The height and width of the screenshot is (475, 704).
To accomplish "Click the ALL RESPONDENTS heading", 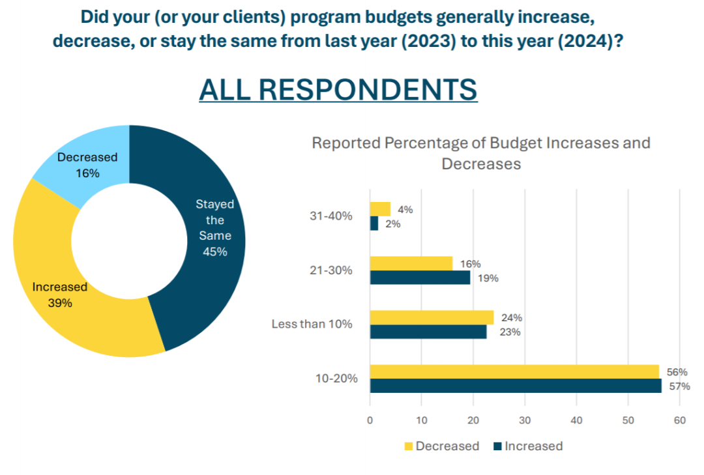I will click(338, 89).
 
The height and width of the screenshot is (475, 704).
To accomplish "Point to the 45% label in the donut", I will click(214, 252).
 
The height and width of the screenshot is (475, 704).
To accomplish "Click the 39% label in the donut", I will click(60, 303).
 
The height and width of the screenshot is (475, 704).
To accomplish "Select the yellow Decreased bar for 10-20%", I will click(514, 371).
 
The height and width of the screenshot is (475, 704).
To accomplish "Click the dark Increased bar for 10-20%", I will click(516, 386).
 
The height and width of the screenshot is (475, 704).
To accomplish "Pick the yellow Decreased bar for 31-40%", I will click(380, 209).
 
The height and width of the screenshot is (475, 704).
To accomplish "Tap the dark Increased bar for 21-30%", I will click(420, 278).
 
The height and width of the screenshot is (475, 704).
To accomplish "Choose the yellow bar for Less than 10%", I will click(432, 317).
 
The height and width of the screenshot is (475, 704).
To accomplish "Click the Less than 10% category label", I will click(312, 324).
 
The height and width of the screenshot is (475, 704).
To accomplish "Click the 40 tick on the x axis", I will click(576, 420).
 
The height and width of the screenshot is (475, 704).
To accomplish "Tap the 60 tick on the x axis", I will click(679, 420).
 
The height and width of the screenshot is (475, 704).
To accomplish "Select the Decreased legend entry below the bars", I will click(441, 446).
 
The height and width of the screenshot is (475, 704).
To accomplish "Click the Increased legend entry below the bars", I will click(527, 446).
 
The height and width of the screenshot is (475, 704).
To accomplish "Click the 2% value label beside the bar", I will click(392, 223).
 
